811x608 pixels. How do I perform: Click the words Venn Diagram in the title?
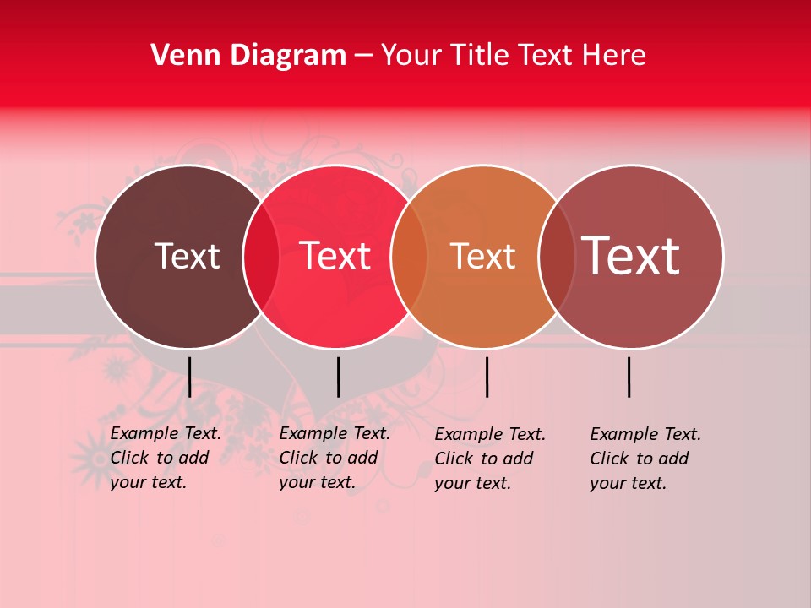248,56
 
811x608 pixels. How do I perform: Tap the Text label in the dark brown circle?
187,256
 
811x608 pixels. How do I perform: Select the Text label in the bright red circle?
335,256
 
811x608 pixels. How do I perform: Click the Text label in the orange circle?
482,256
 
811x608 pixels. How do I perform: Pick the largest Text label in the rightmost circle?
631,255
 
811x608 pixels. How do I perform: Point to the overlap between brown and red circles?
261,257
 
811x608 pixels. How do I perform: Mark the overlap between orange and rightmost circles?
556,257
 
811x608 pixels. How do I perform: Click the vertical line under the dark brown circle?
189,377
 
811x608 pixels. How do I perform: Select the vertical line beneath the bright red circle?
338,377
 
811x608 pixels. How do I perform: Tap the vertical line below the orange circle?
487,377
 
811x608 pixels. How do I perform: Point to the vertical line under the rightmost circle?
629,377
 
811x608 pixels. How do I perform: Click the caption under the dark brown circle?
166,458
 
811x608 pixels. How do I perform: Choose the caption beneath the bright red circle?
335,458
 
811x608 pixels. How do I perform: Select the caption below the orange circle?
490,459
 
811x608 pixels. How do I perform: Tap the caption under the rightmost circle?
645,459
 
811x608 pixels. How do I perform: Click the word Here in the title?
616,56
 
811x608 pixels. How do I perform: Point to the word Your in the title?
411,56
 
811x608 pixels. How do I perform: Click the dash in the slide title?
363,56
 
